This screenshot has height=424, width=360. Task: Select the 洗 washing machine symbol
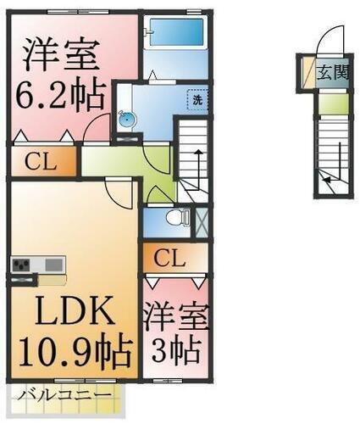click(x=197, y=98)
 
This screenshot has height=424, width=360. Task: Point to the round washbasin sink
click(x=127, y=119)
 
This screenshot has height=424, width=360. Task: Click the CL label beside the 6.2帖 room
click(x=41, y=161)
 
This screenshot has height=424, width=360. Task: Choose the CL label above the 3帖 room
click(x=173, y=257)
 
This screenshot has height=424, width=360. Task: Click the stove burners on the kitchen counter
click(x=21, y=264)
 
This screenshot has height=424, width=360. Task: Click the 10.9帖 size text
click(x=71, y=349)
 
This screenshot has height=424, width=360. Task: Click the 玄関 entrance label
click(x=331, y=73)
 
